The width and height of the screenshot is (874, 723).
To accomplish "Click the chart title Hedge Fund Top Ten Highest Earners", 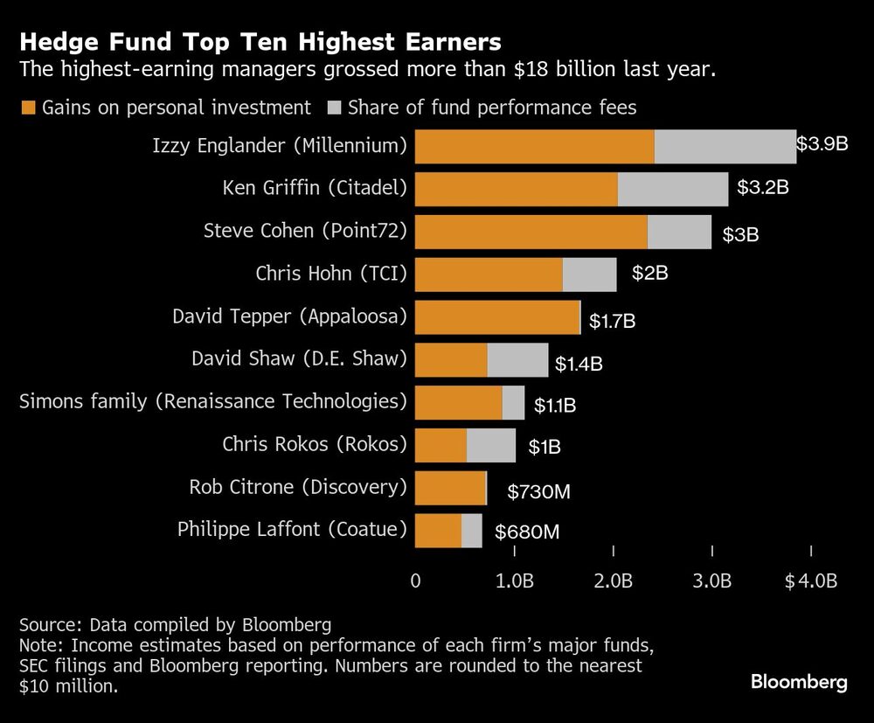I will (260, 41).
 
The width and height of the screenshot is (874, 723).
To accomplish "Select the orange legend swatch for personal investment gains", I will (26, 108).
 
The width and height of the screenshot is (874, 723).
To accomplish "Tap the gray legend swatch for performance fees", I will (335, 108).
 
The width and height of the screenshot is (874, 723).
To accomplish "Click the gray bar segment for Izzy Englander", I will (725, 146).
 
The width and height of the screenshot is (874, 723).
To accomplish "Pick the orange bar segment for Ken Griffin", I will (516, 189).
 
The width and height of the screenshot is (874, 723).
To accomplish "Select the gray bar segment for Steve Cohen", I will (679, 232).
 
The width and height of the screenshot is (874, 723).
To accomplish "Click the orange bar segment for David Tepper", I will (496, 316).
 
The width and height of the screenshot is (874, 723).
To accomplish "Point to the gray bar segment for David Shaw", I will (517, 359).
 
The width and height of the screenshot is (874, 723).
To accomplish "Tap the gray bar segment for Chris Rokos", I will (490, 445).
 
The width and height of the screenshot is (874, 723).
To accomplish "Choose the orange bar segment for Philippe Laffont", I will (438, 531).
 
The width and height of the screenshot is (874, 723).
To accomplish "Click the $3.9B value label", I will (822, 144).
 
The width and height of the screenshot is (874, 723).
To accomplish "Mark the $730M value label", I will (538, 492).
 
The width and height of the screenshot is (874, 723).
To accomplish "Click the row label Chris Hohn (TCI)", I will (331, 274).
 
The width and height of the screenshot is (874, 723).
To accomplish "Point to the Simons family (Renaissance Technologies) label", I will (213, 401).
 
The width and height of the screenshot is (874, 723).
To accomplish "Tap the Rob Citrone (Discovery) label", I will (298, 487).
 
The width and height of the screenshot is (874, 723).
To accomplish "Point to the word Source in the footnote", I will (50, 625).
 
